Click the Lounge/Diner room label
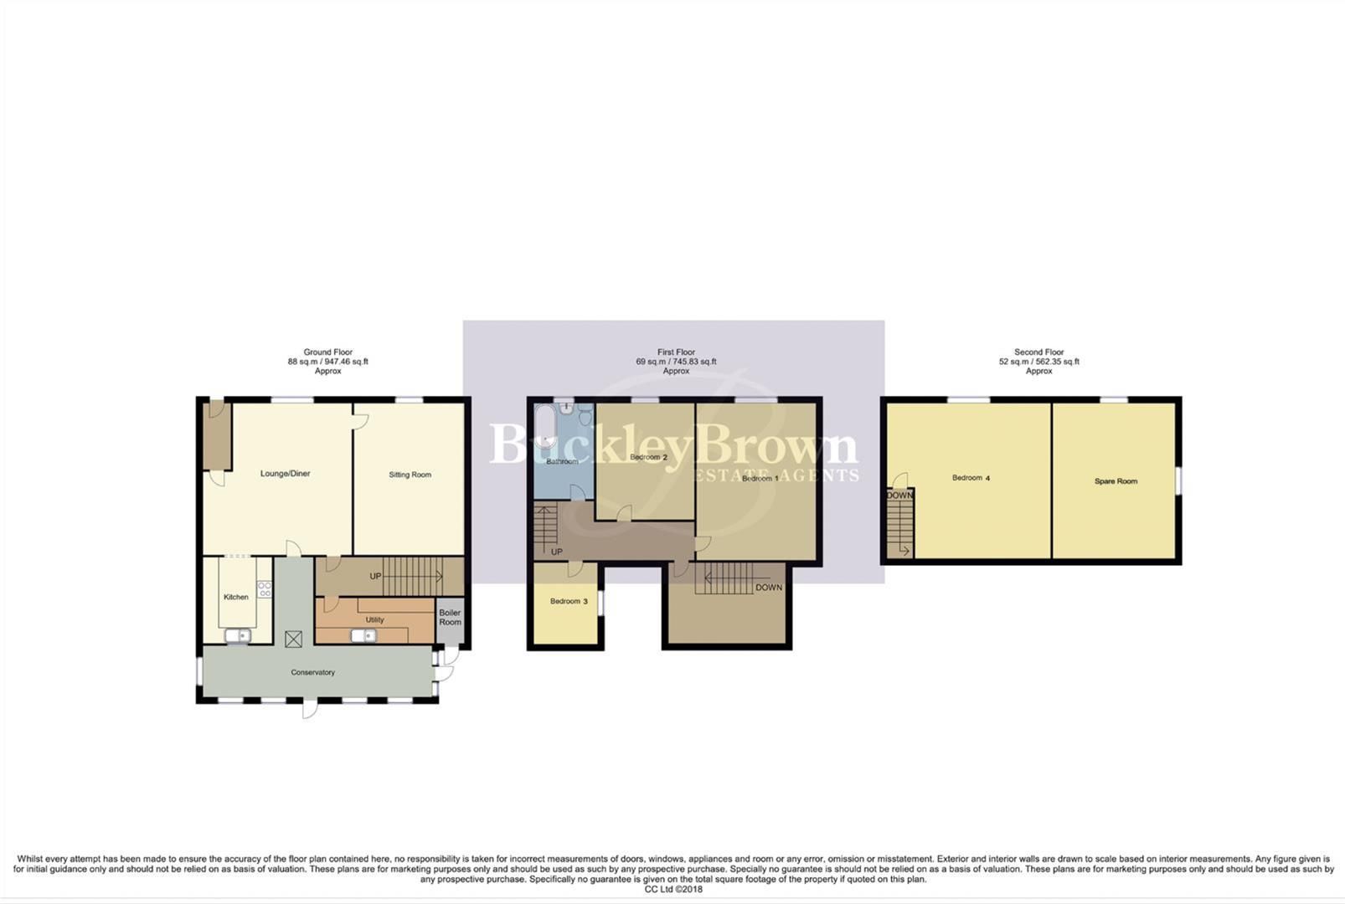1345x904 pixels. pyautogui.click(x=285, y=474)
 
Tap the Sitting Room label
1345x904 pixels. pyautogui.click(x=410, y=475)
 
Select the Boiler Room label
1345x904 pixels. pyautogui.click(x=450, y=618)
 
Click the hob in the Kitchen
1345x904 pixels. pyautogui.click(x=264, y=588)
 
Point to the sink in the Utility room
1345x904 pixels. pyautogui.click(x=363, y=635)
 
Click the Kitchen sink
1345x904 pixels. pyautogui.click(x=238, y=636)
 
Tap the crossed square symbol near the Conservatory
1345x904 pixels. pyautogui.click(x=293, y=639)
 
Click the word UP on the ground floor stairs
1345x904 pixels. pyautogui.click(x=375, y=577)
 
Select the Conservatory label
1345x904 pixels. pyautogui.click(x=312, y=672)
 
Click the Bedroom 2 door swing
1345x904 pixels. pyautogui.click(x=624, y=513)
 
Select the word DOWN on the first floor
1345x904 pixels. pyautogui.click(x=768, y=588)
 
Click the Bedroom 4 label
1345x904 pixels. pyautogui.click(x=971, y=478)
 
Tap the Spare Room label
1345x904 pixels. pyautogui.click(x=1116, y=481)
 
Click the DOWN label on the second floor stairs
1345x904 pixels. pyautogui.click(x=899, y=496)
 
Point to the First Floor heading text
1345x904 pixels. pyautogui.click(x=676, y=352)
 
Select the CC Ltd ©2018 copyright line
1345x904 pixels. pyautogui.click(x=673, y=890)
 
